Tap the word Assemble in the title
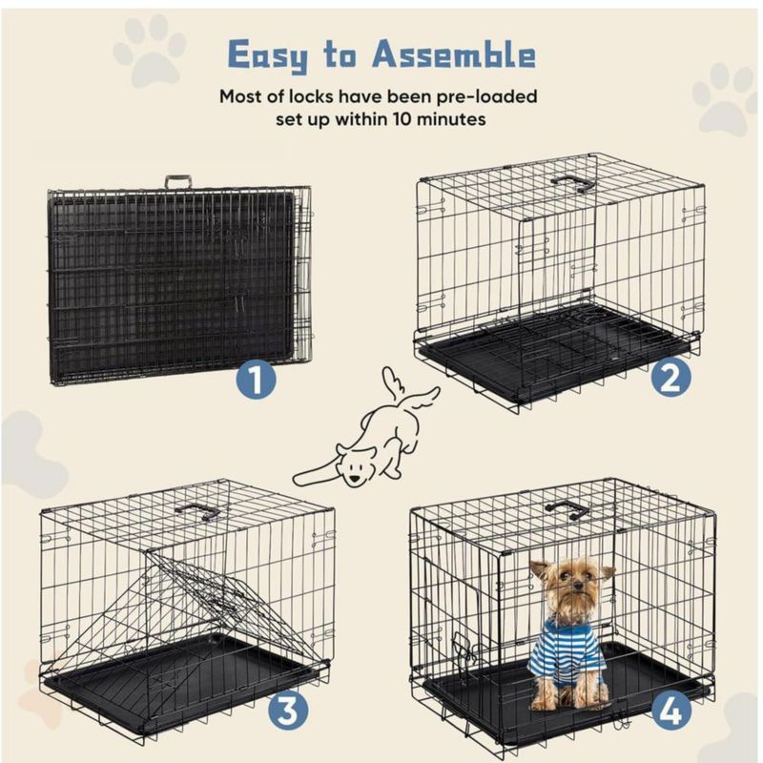(454, 53)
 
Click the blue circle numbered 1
(257, 380)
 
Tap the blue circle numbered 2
(671, 378)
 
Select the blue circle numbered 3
(288, 711)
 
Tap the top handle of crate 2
(573, 183)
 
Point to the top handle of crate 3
(197, 511)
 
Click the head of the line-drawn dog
(354, 464)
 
